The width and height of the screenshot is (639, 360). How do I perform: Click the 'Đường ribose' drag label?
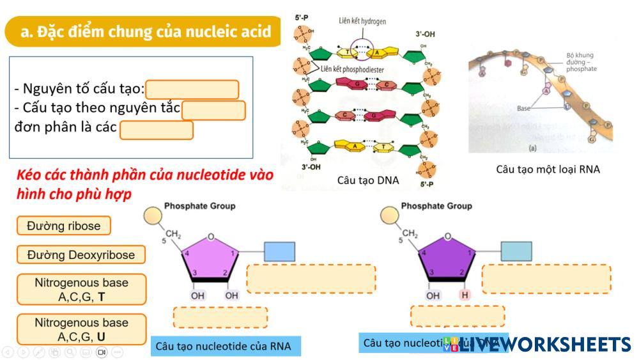tap(63, 226)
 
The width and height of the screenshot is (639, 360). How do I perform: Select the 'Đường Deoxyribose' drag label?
tap(81, 255)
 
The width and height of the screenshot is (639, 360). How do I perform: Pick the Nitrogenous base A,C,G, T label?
tap(81, 290)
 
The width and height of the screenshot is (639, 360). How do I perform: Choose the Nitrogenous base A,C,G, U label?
tap(81, 329)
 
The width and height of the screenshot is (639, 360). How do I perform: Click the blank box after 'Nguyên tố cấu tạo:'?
tap(192, 90)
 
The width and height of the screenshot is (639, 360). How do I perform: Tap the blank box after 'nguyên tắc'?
tap(213, 110)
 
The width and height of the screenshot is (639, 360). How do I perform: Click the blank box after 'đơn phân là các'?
tap(157, 130)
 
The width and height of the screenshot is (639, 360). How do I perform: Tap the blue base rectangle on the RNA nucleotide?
tap(279, 251)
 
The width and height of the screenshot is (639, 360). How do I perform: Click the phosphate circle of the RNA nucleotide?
tap(153, 215)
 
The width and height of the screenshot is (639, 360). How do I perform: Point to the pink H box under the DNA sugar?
tap(465, 295)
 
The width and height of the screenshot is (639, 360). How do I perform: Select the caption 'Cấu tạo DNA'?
tap(368, 180)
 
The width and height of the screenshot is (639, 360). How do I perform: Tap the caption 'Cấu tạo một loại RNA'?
tap(548, 169)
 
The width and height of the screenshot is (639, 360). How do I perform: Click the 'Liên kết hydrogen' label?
tap(362, 21)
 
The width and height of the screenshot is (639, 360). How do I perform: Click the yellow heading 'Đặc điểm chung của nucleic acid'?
tap(145, 31)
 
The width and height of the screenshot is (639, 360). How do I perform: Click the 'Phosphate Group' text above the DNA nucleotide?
tap(436, 206)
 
